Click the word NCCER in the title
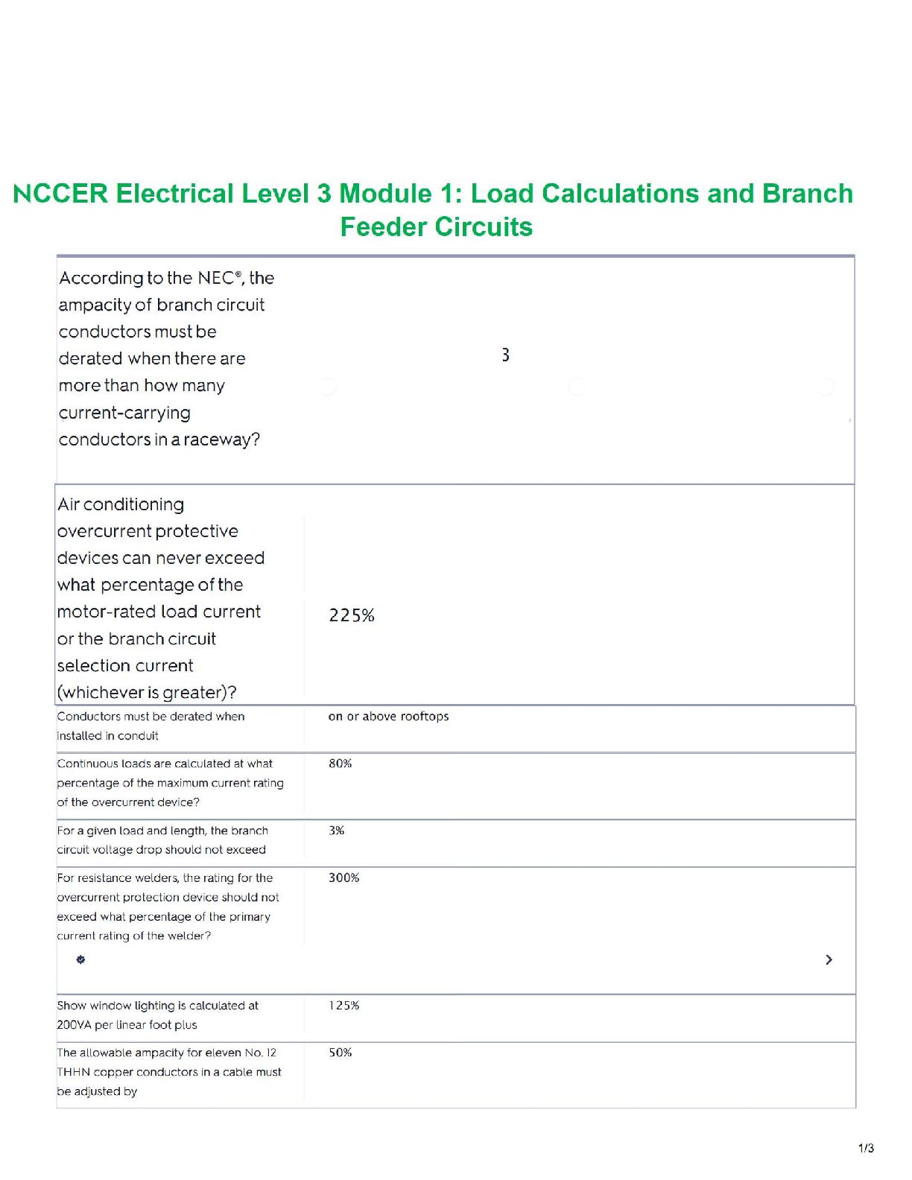pyautogui.click(x=60, y=194)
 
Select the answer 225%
pyautogui.click(x=352, y=615)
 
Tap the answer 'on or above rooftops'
pyautogui.click(x=388, y=717)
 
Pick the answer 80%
pyautogui.click(x=340, y=764)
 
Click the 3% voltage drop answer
pyautogui.click(x=336, y=831)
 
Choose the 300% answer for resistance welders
pyautogui.click(x=343, y=878)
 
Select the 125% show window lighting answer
pyautogui.click(x=343, y=1006)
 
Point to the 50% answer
pyautogui.click(x=340, y=1053)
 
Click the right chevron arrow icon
pyautogui.click(x=829, y=959)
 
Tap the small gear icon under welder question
pyautogui.click(x=80, y=959)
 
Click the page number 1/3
pyautogui.click(x=866, y=1148)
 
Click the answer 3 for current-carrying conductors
pyautogui.click(x=505, y=355)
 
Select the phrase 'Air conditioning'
pyautogui.click(x=121, y=504)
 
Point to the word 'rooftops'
pyautogui.click(x=425, y=717)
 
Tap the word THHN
pyautogui.click(x=73, y=1072)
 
